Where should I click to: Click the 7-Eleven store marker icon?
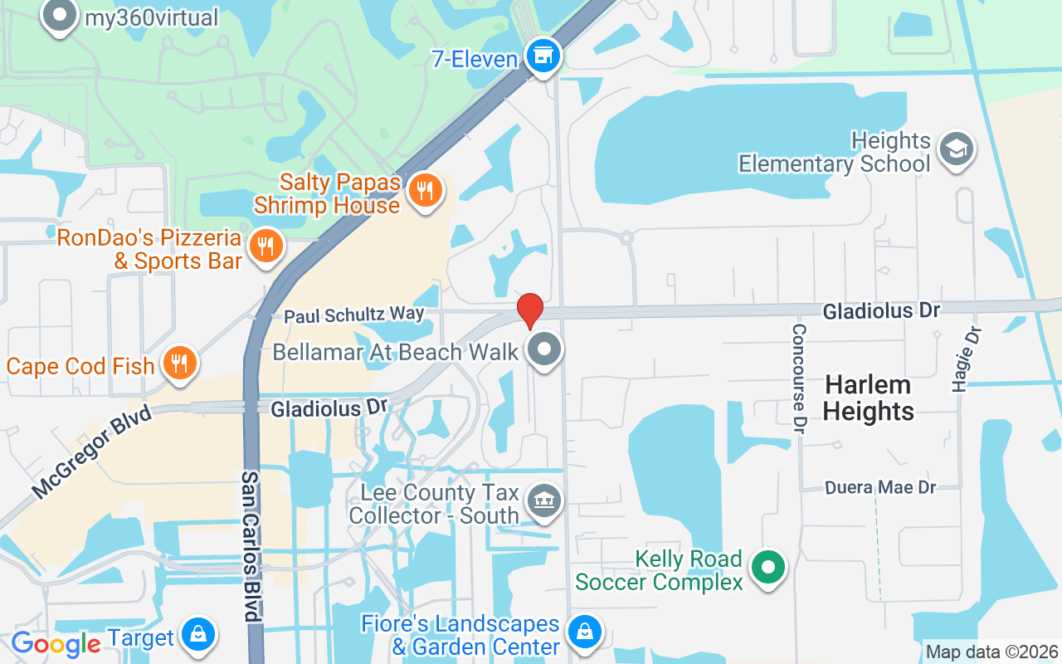click(x=544, y=57)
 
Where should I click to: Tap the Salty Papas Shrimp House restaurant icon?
click(x=425, y=192)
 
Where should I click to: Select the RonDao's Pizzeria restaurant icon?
click(x=265, y=247)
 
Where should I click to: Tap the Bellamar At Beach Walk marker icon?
click(x=544, y=349)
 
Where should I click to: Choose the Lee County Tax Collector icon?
click(x=544, y=500)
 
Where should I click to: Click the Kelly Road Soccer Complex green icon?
click(x=768, y=569)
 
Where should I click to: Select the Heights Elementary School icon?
click(x=957, y=149)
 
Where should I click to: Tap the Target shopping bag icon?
click(x=197, y=636)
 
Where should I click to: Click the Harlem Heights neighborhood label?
click(x=869, y=398)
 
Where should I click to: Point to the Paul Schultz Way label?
click(x=354, y=315)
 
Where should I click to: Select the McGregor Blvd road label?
click(x=92, y=452)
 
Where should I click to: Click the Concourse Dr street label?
click(x=799, y=378)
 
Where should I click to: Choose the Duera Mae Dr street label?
click(x=881, y=488)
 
